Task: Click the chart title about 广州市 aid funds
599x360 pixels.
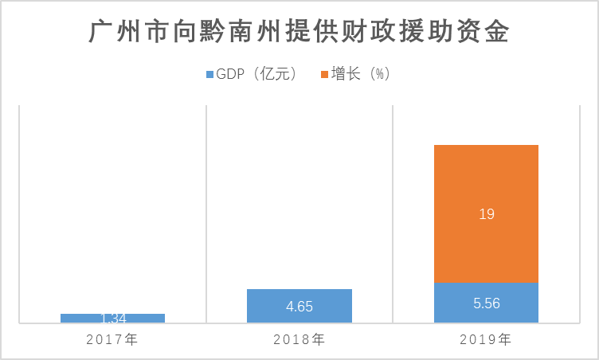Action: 299,33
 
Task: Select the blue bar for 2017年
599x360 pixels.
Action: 112,318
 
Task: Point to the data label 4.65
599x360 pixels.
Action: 299,307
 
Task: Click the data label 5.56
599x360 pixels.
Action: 486,303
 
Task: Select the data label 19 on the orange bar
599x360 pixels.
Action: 486,214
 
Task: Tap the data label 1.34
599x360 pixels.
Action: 112,319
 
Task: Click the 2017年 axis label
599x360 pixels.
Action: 112,339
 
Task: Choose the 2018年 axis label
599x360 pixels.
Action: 299,339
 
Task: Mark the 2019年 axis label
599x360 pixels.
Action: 486,339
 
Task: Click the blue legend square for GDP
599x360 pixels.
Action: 210,74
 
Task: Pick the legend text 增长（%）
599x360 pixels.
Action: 361,74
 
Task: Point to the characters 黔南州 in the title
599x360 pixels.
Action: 241,33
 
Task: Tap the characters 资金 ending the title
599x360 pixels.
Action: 491,33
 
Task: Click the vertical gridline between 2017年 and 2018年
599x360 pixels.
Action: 206,215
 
